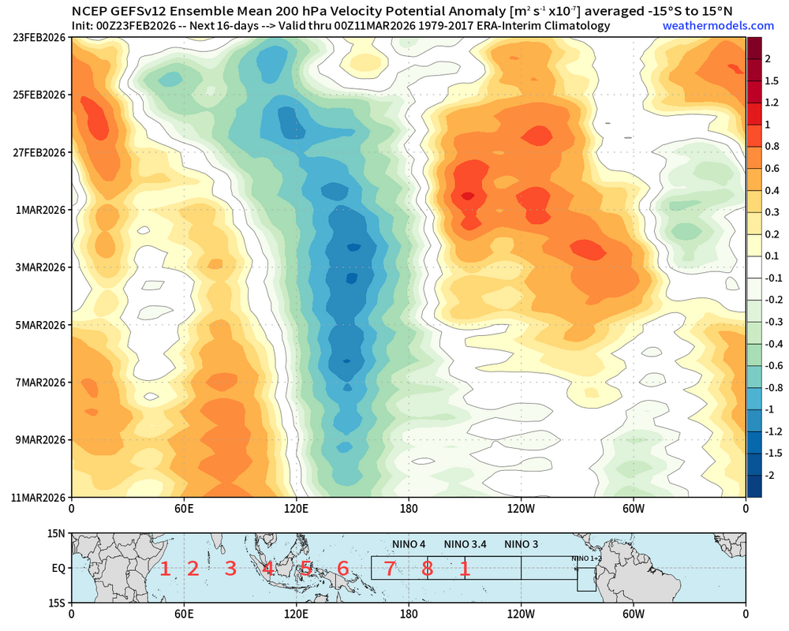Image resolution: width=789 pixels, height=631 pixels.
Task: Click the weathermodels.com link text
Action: click(707, 26)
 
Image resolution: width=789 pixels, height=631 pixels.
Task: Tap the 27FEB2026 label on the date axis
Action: click(36, 152)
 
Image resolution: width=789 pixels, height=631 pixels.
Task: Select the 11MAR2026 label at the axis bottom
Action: click(36, 498)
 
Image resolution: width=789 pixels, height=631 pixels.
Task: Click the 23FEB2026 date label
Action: click(36, 37)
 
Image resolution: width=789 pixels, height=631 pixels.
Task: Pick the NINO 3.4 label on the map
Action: click(466, 544)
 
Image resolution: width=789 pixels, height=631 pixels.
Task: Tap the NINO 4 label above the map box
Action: click(409, 544)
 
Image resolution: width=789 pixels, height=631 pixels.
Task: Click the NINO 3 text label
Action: click(522, 544)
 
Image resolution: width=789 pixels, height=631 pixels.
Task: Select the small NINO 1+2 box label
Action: click(586, 558)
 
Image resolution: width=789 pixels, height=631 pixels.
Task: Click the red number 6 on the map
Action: click(342, 568)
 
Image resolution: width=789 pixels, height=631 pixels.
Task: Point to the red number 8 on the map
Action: click(427, 568)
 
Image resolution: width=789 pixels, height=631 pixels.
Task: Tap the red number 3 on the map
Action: click(230, 568)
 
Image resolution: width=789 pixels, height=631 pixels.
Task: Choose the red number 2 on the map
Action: click(193, 568)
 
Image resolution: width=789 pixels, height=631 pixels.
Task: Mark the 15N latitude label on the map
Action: click(58, 533)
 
